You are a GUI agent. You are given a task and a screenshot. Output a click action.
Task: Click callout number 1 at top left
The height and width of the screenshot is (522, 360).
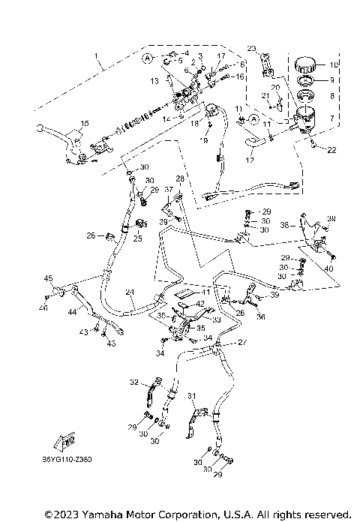coord(95,56)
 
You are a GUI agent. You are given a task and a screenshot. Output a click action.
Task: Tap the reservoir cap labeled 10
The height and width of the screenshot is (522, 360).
coord(306,62)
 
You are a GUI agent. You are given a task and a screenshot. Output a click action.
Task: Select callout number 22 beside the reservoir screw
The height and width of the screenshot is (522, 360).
coord(331,151)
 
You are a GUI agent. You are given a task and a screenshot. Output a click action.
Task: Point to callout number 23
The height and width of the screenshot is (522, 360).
coord(251,48)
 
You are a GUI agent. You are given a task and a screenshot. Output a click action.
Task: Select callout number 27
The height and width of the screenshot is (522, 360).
coord(241,343)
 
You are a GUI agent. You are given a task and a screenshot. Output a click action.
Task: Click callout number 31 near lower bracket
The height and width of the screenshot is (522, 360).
coord(191,396)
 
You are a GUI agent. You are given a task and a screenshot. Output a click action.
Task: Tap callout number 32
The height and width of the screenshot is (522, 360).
coord(135,382)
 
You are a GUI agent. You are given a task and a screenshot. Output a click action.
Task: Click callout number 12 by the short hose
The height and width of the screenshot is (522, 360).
coord(250,159)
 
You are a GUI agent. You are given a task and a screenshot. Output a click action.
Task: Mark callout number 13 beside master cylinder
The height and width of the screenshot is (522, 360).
coord(154,79)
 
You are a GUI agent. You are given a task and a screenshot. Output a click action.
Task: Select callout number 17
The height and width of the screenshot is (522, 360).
coord(221,57)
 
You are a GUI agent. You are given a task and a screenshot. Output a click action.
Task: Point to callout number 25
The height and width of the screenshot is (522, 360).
coord(138,239)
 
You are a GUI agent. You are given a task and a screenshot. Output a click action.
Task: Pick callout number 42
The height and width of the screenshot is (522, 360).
coord(200,304)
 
